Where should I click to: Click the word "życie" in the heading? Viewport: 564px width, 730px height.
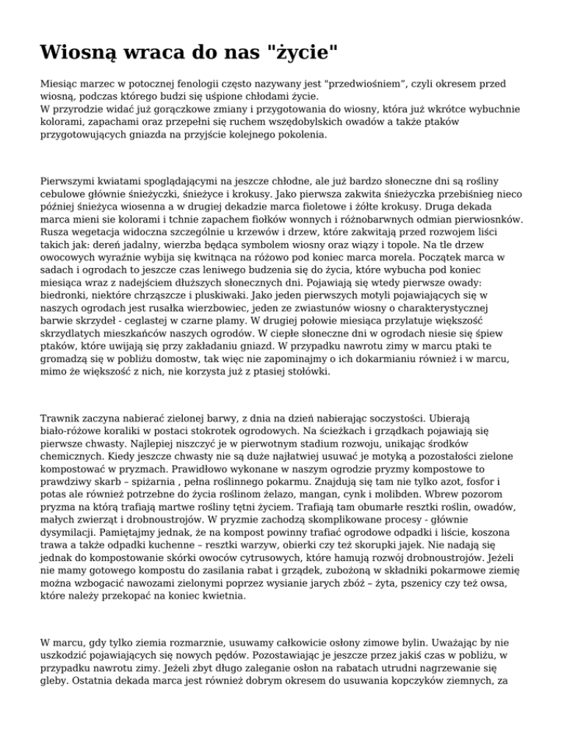[x=302, y=53]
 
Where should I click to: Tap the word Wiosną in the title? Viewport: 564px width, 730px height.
[x=82, y=53]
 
